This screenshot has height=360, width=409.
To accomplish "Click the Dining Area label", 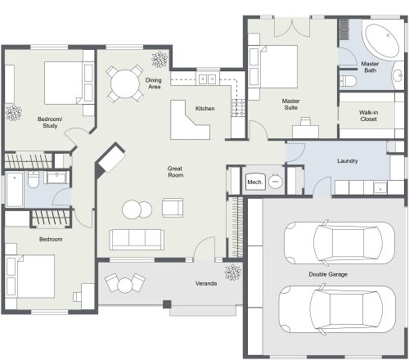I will pyautogui.click(x=153, y=84).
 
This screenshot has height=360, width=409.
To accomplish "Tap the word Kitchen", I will pyautogui.click(x=204, y=109).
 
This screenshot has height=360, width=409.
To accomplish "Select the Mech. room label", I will pyautogui.click(x=254, y=182).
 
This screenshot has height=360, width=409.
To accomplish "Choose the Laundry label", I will pyautogui.click(x=348, y=161).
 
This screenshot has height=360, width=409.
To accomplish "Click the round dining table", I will pyautogui.click(x=124, y=82).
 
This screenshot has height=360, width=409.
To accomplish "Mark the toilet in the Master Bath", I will pyautogui.click(x=348, y=80).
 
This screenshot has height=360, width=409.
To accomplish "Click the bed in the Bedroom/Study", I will pyautogui.click(x=62, y=81).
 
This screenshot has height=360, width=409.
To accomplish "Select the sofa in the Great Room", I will pyautogui.click(x=137, y=239).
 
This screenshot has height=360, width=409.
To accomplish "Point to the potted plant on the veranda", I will pyautogui.click(x=232, y=273).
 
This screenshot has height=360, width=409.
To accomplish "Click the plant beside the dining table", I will pyautogui.click(x=158, y=60).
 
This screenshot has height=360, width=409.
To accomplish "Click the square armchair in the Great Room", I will pyautogui.click(x=173, y=208).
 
